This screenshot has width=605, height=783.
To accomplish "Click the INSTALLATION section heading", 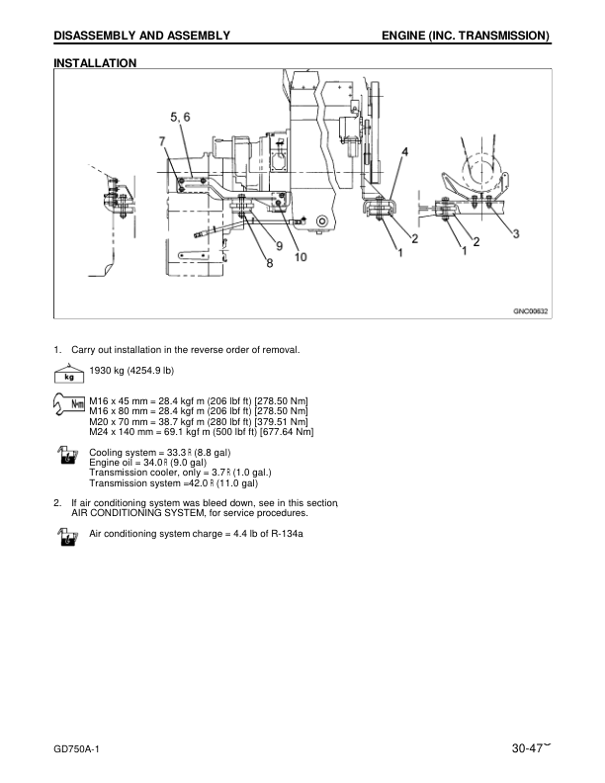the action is click(x=95, y=63).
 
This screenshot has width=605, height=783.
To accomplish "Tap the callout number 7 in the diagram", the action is click(x=162, y=141).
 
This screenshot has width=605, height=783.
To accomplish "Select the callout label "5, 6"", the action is click(x=180, y=117).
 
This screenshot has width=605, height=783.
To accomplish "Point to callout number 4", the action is click(x=405, y=151).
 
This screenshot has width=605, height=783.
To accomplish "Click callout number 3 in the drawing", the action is click(x=516, y=233).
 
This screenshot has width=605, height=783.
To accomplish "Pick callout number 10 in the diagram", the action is click(x=301, y=257).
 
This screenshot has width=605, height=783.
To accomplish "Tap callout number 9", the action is click(x=280, y=246).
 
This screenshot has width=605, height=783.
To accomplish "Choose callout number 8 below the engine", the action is click(x=270, y=263).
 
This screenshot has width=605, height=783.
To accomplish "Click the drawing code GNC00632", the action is click(x=531, y=311).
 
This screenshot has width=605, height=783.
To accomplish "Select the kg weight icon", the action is click(x=69, y=373).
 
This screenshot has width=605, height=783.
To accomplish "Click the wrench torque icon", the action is click(x=69, y=404).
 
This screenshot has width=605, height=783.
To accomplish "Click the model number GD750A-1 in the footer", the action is click(x=76, y=749).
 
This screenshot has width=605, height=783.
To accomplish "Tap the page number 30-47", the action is click(x=527, y=748).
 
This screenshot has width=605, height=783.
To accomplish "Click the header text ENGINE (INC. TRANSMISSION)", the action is click(x=466, y=36).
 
